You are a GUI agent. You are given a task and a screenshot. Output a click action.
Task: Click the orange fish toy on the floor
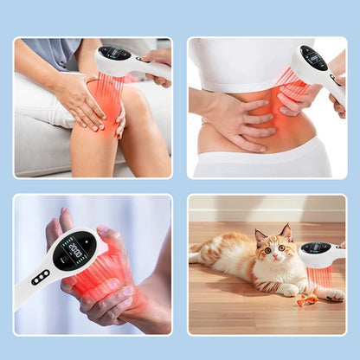click(305, 300)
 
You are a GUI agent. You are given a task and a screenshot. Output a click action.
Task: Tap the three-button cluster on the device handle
click(40, 277)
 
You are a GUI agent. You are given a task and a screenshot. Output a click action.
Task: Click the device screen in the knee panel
click(114, 54)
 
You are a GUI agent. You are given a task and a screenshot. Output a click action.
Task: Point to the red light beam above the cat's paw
click(322, 277)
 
